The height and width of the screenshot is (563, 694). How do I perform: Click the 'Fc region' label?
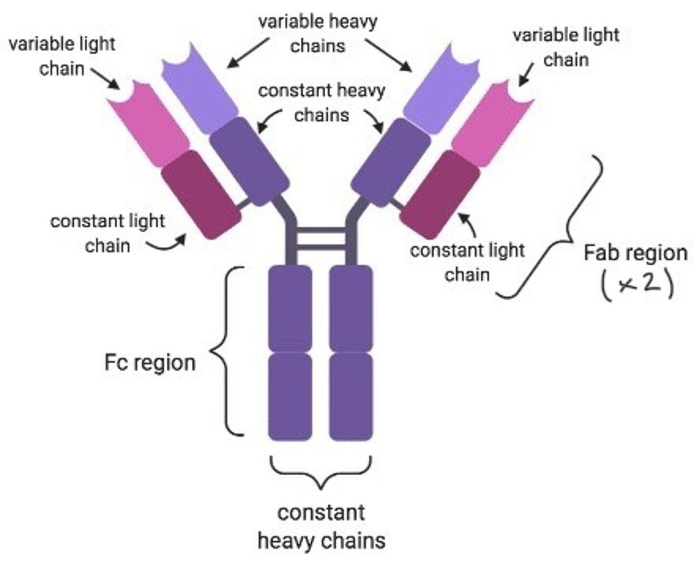pos(149,362)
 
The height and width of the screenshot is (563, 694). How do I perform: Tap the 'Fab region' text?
pos(635,253)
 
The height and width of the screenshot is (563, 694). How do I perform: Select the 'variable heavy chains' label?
pos(318,34)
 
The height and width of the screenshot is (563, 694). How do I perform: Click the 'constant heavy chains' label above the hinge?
pos(321,103)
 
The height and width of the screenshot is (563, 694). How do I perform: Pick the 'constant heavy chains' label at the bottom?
pos(321,526)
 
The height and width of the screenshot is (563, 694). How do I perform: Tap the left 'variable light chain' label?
pos(62,56)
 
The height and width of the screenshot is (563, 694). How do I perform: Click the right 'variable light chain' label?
pos(566,47)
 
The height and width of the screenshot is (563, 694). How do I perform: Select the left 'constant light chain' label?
pos(107,233)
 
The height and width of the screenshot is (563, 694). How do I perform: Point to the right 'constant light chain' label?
pos(467,263)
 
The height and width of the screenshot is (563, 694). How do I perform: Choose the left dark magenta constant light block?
pos(200,194)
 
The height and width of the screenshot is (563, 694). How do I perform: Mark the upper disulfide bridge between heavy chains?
pos(321,230)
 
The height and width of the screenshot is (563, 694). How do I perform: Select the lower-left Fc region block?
pos(290,396)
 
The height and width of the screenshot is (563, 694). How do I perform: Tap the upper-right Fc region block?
pos(351,308)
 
